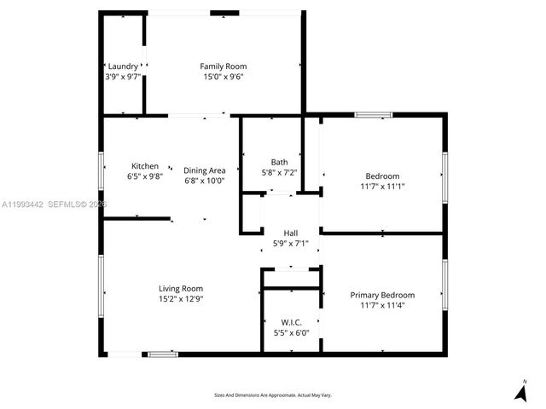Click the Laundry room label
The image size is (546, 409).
pyautogui.click(x=122, y=66)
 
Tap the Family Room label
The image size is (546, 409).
pyautogui.click(x=223, y=66)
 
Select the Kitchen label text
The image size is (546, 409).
pyautogui.click(x=144, y=166)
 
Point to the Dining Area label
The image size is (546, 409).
pyautogui.click(x=204, y=170)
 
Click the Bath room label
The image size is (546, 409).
pyautogui.click(x=279, y=162)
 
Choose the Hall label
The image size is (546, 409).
pyautogui.click(x=291, y=233)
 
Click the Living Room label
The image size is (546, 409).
pyautogui.click(x=180, y=289)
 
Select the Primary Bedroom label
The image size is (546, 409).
pyautogui.click(x=382, y=295)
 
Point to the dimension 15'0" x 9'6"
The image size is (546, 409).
pyautogui.click(x=223, y=77)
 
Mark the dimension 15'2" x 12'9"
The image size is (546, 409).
pyautogui.click(x=180, y=299)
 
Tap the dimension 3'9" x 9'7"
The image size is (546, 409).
pyautogui.click(x=122, y=77)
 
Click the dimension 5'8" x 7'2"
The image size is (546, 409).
pyautogui.click(x=279, y=173)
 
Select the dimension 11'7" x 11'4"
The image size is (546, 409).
pyautogui.click(x=382, y=305)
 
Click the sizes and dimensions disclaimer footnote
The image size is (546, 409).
pyautogui.click(x=272, y=395)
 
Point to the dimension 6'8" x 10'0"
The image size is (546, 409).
pyautogui.click(x=204, y=181)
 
